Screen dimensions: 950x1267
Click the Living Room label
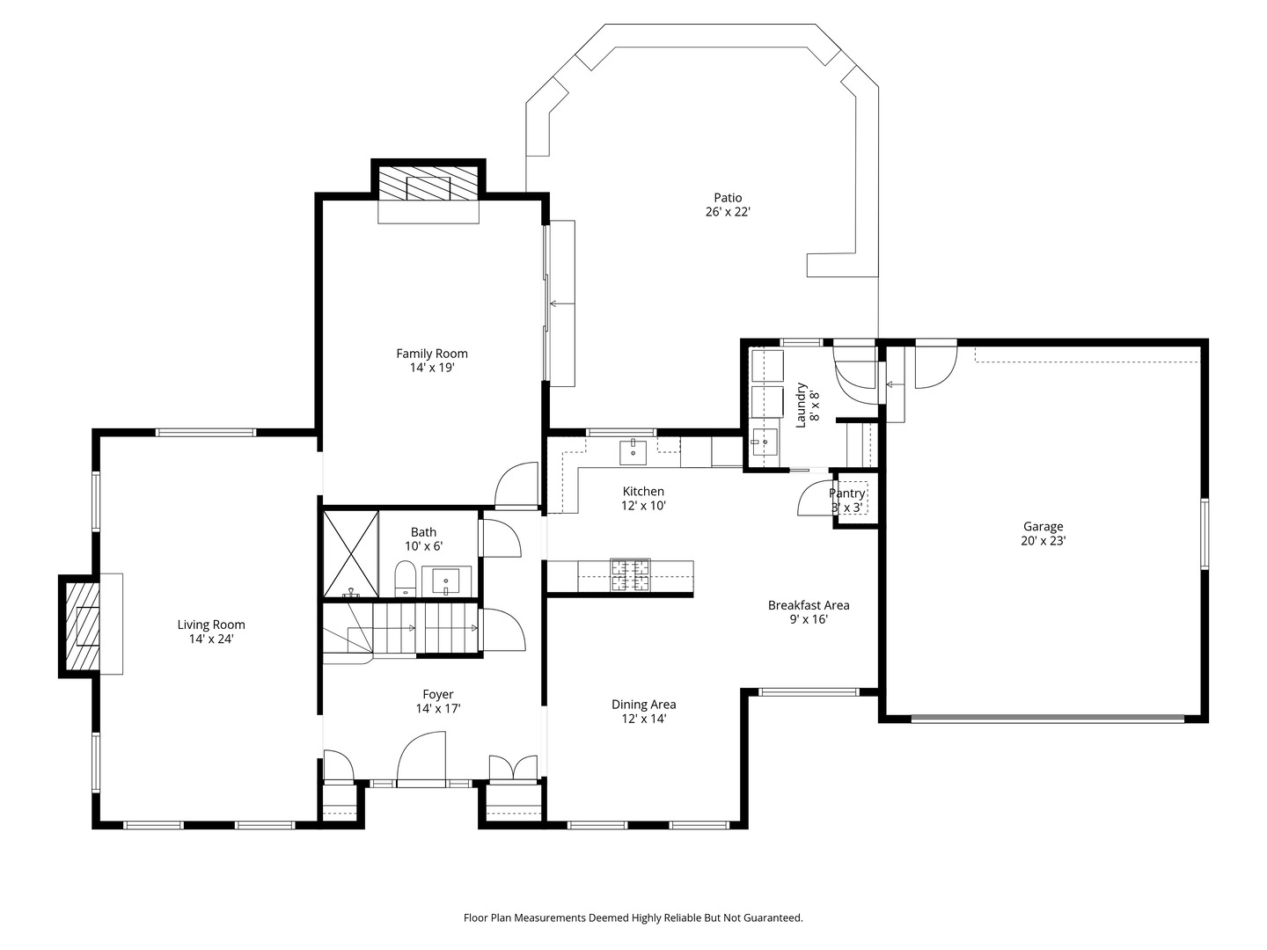click(x=211, y=625)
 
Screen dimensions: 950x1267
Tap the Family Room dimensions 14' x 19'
click(x=432, y=369)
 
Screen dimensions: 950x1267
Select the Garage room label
click(x=1043, y=527)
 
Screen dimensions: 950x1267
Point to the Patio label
click(x=728, y=198)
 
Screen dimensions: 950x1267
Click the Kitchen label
click(x=643, y=492)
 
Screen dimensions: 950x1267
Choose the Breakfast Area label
click(x=809, y=605)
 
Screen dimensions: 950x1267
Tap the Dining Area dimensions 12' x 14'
click(x=643, y=719)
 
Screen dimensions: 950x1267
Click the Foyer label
click(x=438, y=694)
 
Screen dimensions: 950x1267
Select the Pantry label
click(x=847, y=493)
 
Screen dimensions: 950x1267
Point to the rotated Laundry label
click(x=802, y=404)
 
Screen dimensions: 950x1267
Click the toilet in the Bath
click(x=405, y=580)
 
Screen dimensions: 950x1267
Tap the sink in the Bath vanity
click(x=447, y=581)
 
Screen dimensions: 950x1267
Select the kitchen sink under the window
click(x=633, y=451)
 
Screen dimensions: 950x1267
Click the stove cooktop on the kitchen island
click(x=630, y=576)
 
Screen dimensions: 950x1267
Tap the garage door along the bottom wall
click(x=1047, y=719)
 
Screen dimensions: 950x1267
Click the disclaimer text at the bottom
click(x=633, y=917)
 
